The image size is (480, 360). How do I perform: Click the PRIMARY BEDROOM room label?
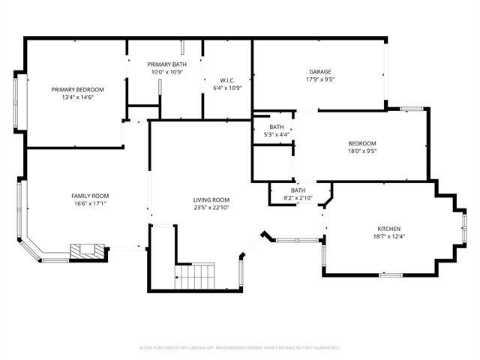[x=77, y=89]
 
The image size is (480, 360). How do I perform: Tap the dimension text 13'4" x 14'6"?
[x=77, y=97]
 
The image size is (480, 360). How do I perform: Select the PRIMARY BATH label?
[x=166, y=64]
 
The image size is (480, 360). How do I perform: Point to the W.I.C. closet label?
[x=227, y=79]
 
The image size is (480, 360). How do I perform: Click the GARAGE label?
[x=320, y=72]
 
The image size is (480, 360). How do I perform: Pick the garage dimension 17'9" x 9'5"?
[x=320, y=79]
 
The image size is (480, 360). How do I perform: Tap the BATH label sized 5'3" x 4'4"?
[x=277, y=127]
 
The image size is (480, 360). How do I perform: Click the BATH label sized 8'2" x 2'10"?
[x=298, y=190]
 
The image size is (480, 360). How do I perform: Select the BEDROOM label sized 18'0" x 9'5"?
[x=361, y=143]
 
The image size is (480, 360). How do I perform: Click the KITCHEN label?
[x=388, y=228]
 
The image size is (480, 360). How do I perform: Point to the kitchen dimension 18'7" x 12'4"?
[x=388, y=236]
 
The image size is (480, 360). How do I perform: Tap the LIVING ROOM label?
[x=211, y=199]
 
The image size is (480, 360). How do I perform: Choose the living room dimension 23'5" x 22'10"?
[x=211, y=208]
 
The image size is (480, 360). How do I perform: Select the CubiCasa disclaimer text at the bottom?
[x=240, y=348]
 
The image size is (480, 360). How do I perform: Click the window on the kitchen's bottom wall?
[x=391, y=274]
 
